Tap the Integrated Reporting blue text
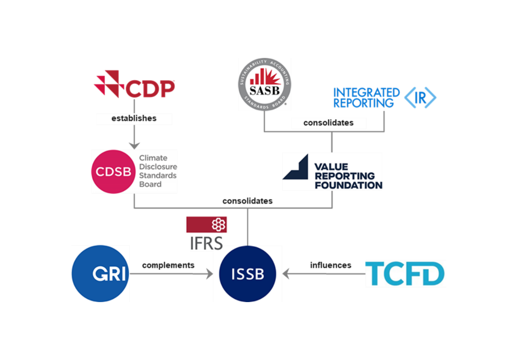point(366,98)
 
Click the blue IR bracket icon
point(420,98)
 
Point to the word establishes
point(134,119)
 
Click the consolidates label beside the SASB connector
point(328,122)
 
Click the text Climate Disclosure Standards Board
point(158,171)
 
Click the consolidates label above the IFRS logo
point(247,201)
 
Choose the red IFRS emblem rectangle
point(206,224)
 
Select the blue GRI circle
point(100,273)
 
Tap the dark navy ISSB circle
point(247,274)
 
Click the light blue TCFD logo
point(405,274)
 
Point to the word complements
point(168,266)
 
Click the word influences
point(331,266)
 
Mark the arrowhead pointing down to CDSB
point(134,145)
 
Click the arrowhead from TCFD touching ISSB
point(286,274)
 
